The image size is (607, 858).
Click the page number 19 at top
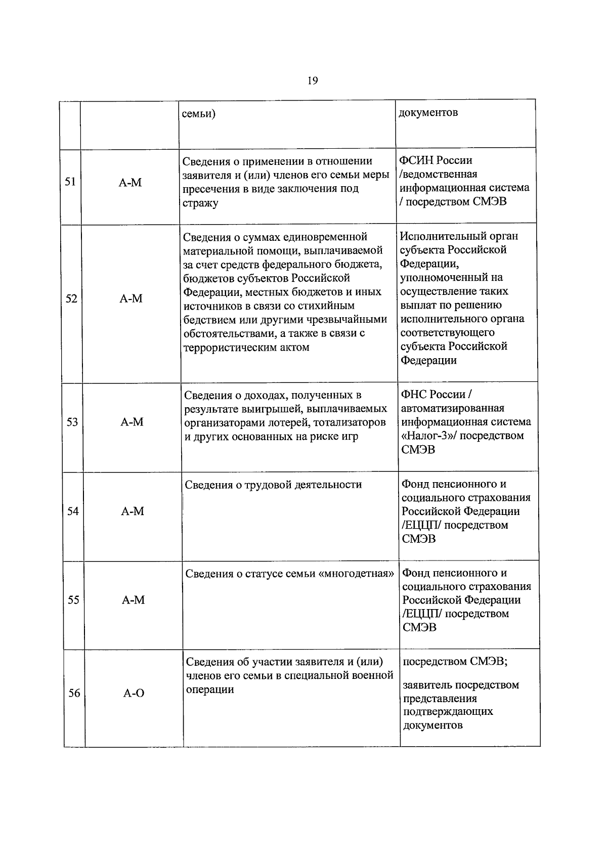[312, 80]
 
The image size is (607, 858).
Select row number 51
[70, 182]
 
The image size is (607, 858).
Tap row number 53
[72, 421]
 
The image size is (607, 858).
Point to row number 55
[73, 599]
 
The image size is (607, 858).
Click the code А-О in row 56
[134, 693]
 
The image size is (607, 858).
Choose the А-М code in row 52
[131, 298]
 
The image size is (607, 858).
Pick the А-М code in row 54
[133, 511]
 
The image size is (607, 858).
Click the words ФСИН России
[436, 160]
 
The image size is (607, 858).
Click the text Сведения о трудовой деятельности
[273, 485]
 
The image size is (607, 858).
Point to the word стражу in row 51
[200, 203]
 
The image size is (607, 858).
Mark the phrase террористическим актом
[246, 348]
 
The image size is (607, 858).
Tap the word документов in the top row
[428, 112]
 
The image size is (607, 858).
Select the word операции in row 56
[210, 690]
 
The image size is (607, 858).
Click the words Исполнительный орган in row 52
[459, 236]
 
